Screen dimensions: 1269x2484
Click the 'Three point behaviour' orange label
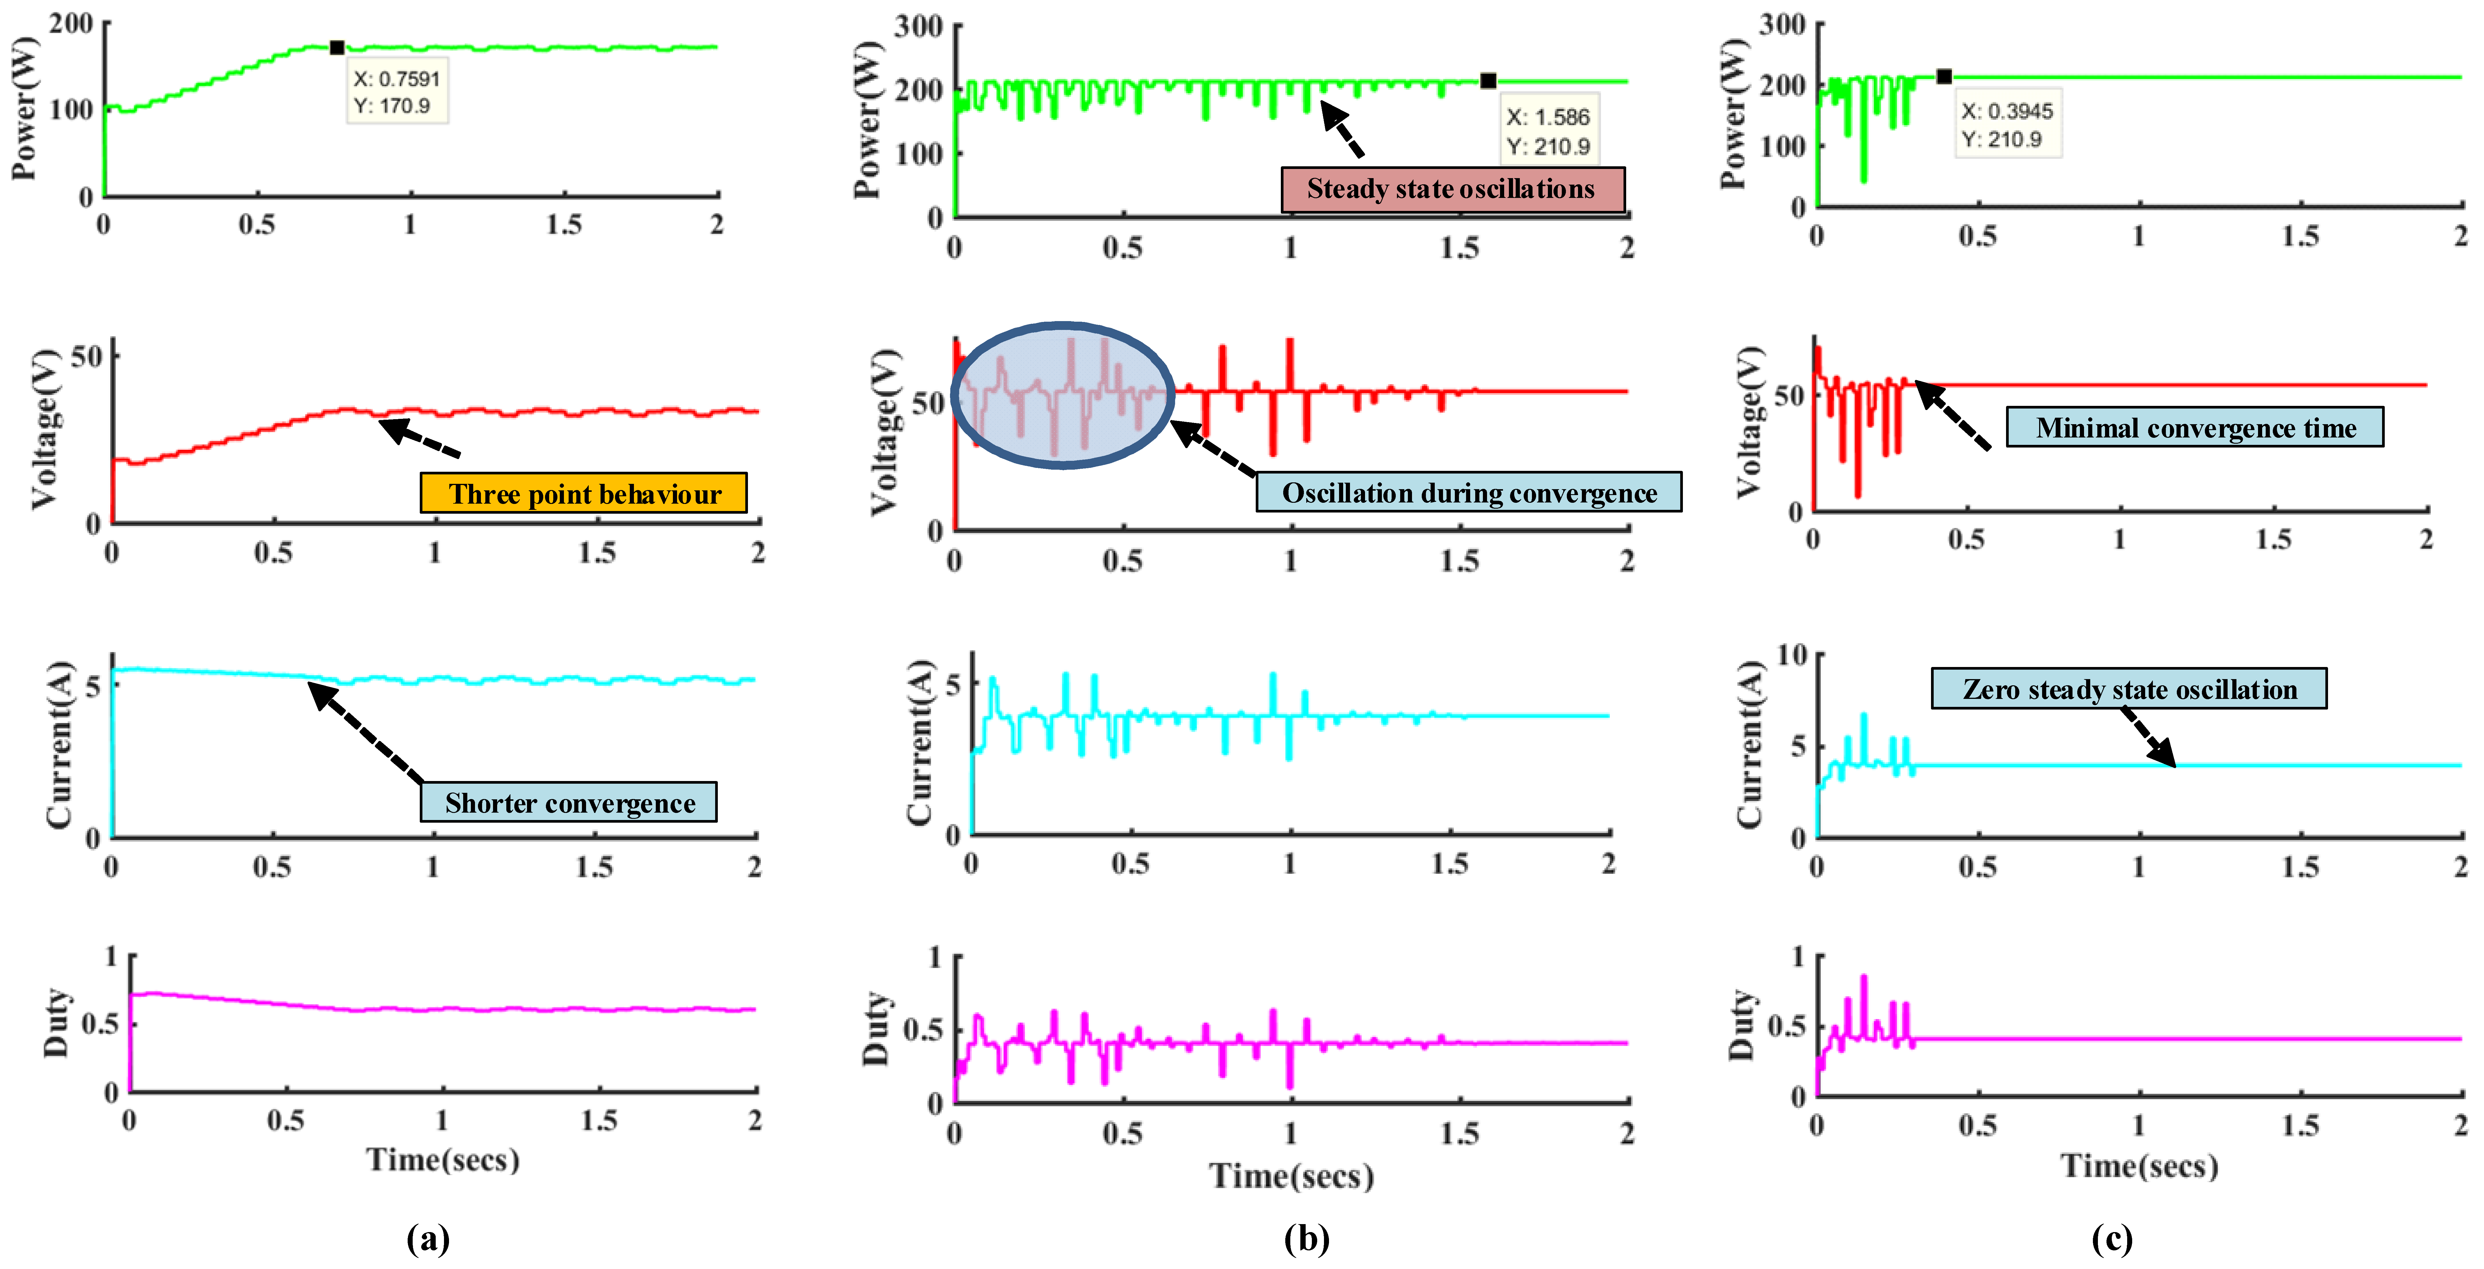(583, 494)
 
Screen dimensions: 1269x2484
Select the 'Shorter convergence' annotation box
(569, 802)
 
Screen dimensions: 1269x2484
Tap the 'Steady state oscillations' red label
(1451, 189)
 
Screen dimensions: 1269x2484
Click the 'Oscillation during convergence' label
(1469, 493)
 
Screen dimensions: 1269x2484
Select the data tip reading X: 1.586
(1548, 131)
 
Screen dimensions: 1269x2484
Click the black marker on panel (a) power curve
(336, 47)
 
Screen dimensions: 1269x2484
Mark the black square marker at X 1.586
(1488, 81)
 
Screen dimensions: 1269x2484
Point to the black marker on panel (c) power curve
(1944, 76)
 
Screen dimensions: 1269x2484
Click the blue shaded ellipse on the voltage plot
(1063, 395)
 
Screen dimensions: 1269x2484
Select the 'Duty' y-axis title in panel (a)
(56, 1022)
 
